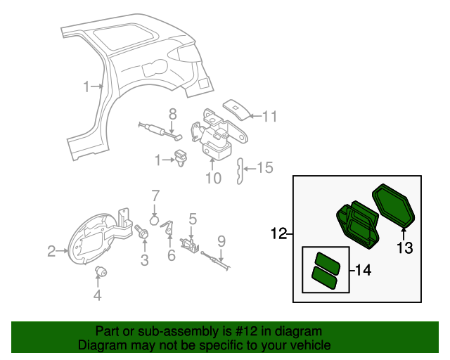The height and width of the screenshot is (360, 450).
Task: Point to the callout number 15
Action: point(264,168)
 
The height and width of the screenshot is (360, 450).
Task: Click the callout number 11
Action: point(270,117)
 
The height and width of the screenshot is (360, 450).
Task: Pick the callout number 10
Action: point(213,178)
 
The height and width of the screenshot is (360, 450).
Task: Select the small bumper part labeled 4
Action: point(100,272)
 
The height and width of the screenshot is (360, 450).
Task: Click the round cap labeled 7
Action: point(155,218)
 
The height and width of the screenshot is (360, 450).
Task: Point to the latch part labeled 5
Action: point(189,242)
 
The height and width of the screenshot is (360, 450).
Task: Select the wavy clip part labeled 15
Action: point(240,171)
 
